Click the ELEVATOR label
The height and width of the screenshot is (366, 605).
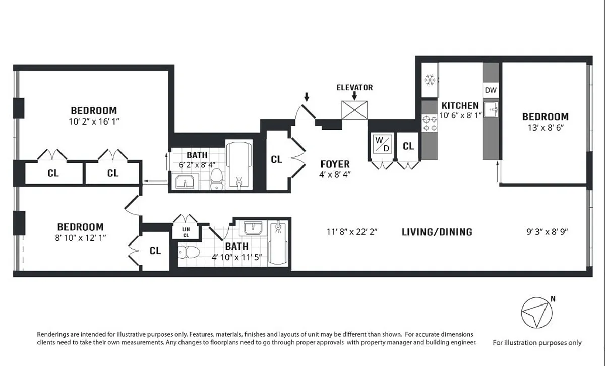354,88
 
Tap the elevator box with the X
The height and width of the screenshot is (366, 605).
354,110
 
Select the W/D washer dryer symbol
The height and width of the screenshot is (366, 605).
383,144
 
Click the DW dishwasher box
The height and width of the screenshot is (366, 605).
491,90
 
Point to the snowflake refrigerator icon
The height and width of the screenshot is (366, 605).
430,80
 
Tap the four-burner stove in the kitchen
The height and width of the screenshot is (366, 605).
430,123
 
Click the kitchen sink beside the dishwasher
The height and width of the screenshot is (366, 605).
491,110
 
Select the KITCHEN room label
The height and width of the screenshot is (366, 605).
460,105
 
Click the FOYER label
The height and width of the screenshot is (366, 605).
335,164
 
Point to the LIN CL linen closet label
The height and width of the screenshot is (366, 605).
186,232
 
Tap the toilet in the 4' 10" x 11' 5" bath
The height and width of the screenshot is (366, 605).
189,252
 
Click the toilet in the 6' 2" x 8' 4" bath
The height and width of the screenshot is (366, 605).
217,179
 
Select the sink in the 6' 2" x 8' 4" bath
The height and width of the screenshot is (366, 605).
185,182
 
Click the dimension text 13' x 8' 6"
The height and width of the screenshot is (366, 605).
546,128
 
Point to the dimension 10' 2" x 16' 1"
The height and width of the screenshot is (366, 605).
94,122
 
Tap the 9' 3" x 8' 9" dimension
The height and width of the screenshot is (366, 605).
547,232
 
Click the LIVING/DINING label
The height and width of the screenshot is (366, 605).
437,232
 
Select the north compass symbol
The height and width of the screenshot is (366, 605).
537,313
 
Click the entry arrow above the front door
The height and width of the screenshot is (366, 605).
307,97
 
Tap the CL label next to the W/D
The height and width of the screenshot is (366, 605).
408,146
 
